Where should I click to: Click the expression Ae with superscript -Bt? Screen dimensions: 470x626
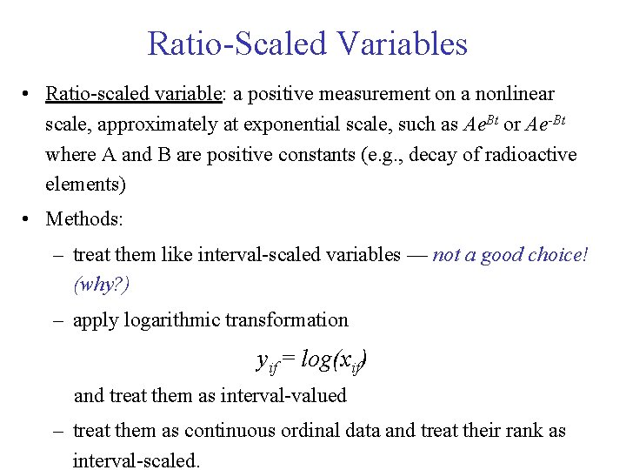pyautogui.click(x=546, y=124)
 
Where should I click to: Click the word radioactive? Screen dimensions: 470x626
pyautogui.click(x=529, y=155)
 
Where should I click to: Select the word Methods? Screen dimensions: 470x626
pyautogui.click(x=83, y=218)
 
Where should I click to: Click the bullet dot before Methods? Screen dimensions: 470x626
pyautogui.click(x=29, y=218)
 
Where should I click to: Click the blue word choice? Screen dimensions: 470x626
pyautogui.click(x=557, y=254)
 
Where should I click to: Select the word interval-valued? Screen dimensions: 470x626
pyautogui.click(x=284, y=396)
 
